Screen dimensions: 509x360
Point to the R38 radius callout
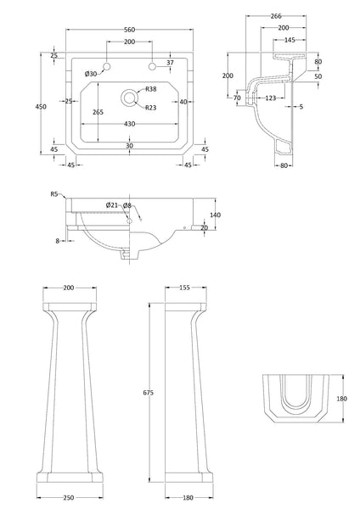(150, 90)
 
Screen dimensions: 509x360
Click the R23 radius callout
(150, 107)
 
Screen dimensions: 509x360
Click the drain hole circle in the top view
(129, 98)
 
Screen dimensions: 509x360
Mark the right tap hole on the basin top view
(153, 66)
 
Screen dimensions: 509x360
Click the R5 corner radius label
(53, 194)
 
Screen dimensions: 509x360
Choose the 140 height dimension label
(215, 215)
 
